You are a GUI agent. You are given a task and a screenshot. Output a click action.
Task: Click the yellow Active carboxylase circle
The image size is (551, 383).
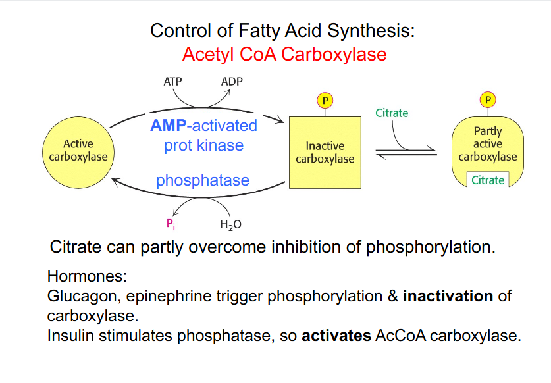pos(78,151)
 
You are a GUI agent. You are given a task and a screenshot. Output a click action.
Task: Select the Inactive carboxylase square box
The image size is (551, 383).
pos(325,152)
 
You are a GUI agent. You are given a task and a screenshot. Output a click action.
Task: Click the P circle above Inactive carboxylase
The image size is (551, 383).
pos(325,100)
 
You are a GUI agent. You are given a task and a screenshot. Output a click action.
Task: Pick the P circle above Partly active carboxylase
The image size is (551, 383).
pos(488,100)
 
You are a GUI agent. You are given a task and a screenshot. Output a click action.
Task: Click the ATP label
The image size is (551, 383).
pos(172,82)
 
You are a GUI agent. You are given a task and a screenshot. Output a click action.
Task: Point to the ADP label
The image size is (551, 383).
pos(232,82)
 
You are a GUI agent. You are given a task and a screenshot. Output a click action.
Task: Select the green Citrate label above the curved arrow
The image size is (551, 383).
pos(392,113)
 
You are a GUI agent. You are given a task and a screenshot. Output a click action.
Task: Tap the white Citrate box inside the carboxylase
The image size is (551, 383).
pos(488,180)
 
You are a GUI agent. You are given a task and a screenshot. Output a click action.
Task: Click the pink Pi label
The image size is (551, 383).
pos(171,224)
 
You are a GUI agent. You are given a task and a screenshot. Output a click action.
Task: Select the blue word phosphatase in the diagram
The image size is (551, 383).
pos(203,180)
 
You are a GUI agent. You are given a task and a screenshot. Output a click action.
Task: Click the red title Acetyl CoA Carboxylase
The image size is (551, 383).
pos(284,54)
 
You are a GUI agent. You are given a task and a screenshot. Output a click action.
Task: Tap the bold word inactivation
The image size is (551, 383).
pos(448,296)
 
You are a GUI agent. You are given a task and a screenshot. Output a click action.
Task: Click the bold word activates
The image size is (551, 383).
pos(336,336)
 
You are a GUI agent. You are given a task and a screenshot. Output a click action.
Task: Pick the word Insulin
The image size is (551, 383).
pos(68,336)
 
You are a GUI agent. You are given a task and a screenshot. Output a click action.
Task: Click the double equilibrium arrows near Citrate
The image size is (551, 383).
pos(406,153)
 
